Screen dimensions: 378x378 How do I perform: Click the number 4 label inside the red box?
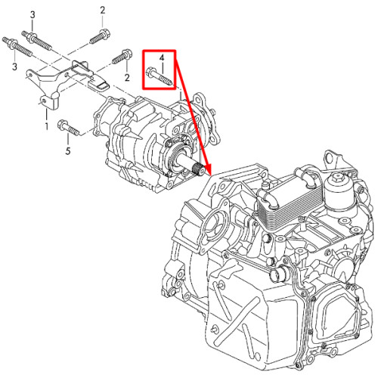coord(162,57)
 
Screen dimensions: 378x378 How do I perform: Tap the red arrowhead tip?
coord(210,175)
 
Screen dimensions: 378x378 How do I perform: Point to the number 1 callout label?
coord(47,126)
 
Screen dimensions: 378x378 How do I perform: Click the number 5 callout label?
coord(68,151)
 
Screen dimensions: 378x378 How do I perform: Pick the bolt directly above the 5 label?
coord(69,128)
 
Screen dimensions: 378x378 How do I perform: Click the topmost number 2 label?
coord(102,11)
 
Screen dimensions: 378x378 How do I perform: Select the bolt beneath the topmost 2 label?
coord(101,37)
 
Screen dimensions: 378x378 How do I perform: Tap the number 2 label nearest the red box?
coord(127,77)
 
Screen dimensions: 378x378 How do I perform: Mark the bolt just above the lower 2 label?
coord(122,56)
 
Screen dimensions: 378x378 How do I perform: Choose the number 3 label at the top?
coord(33,15)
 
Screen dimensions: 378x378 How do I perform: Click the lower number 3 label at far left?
coord(14,67)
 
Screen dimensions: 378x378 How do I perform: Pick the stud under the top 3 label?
coord(37,40)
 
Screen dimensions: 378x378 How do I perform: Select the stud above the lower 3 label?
coord(17,47)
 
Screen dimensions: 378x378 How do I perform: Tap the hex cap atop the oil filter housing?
coord(336,178)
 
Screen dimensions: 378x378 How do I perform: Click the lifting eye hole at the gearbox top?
coord(330,158)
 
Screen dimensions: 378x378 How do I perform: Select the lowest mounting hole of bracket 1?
coord(44,101)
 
